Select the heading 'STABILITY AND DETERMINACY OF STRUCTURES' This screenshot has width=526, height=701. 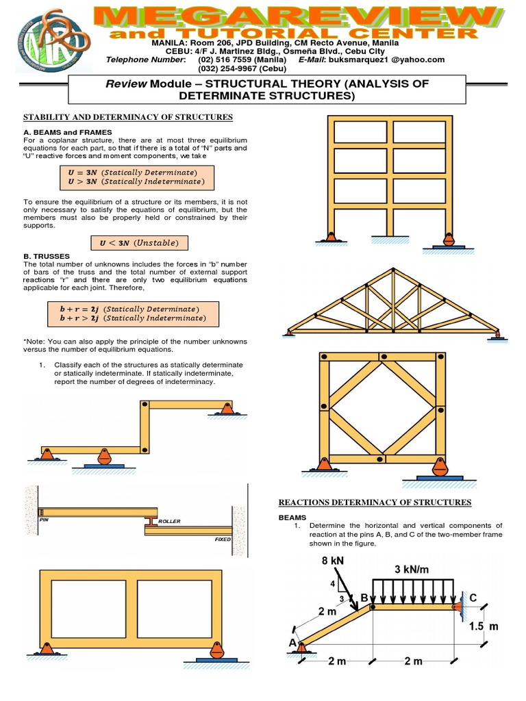pos(129,117)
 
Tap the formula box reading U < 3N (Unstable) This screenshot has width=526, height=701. pos(139,243)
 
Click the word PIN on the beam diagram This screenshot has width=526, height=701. pos(45,520)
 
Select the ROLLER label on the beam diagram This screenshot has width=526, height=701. pos(168,522)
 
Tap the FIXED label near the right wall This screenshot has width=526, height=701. pos(223,539)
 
